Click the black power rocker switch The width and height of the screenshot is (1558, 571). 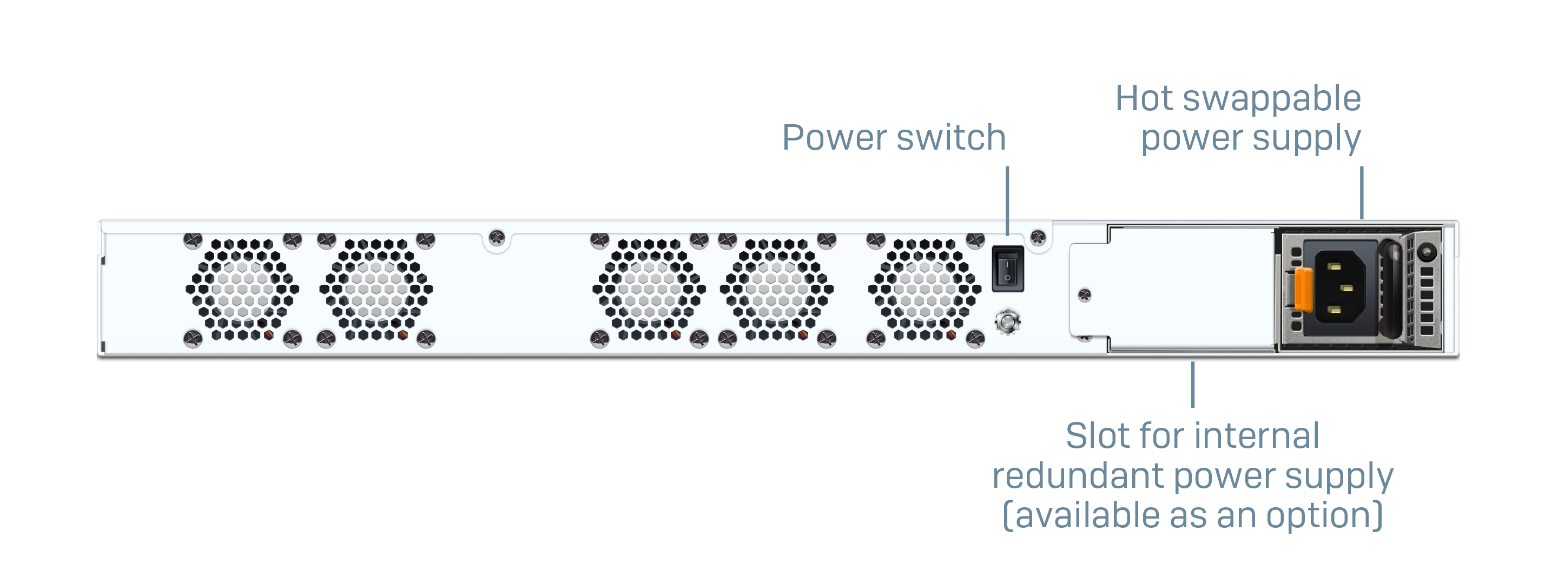point(1008,269)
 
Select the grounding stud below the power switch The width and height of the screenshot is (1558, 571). point(1007,321)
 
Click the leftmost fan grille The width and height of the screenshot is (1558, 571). point(242,289)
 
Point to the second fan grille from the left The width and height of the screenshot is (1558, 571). point(376,289)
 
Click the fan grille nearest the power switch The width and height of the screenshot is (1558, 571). point(924,289)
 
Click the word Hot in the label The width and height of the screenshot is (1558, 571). point(1144,98)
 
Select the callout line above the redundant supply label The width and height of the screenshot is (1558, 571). point(1193,385)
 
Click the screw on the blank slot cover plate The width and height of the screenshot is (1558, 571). point(1085,295)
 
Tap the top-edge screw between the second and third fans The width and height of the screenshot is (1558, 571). point(497,238)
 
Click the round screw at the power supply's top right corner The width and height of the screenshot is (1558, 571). point(1427,251)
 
